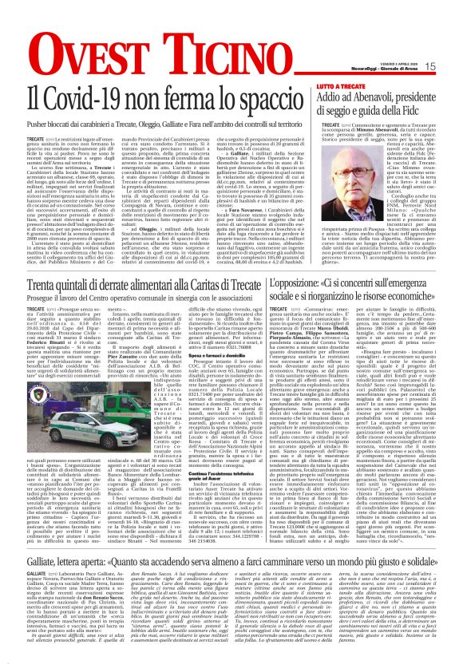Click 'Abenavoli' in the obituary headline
coord(394,96)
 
